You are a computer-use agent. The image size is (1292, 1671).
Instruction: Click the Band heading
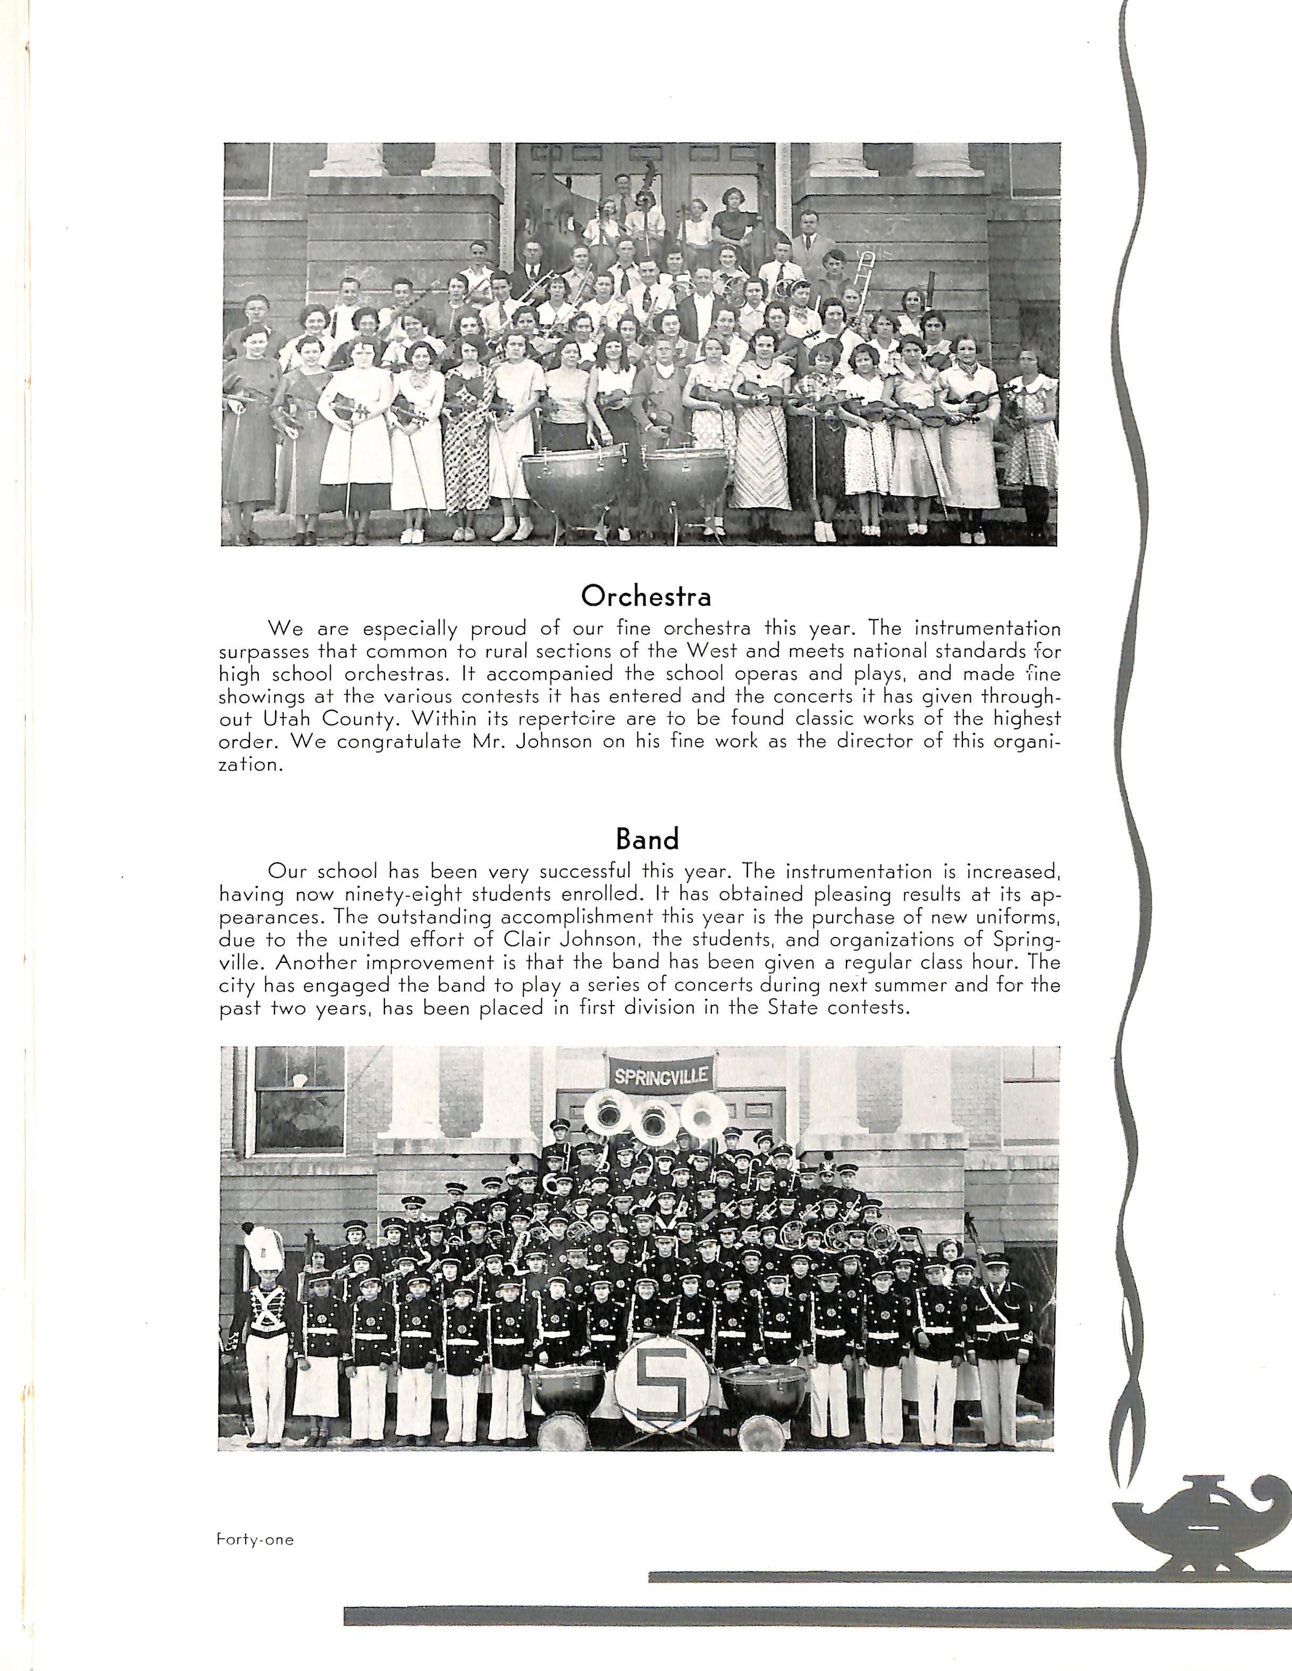pos(647,839)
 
